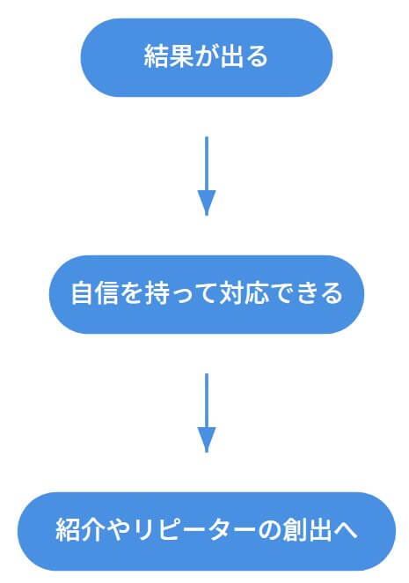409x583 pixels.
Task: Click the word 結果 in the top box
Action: [168, 56]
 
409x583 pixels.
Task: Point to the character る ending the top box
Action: [257, 57]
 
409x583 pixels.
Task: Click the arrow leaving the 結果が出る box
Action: [207, 176]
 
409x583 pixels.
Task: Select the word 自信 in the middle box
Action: [95, 293]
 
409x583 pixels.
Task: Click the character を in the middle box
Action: [132, 293]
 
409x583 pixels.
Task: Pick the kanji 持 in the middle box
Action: [157, 293]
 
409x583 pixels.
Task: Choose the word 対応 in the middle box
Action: [244, 293]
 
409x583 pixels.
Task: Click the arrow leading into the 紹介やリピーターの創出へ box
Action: [207, 413]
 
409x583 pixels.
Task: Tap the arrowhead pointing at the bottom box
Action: [207, 439]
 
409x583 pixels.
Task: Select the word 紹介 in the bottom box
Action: [79, 530]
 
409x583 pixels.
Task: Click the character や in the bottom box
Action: [118, 530]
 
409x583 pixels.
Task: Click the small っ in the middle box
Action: [182, 296]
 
